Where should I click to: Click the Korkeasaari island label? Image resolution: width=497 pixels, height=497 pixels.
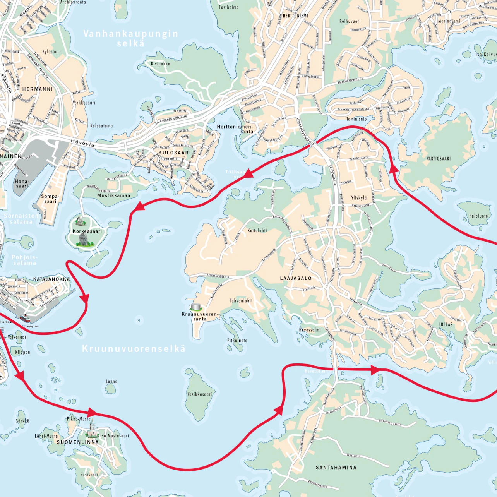click(x=87, y=231)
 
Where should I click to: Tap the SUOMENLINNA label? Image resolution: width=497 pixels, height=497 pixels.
click(x=78, y=442)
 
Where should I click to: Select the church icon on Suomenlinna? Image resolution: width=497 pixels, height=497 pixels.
click(x=92, y=429)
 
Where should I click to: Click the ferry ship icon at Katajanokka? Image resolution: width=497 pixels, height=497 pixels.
click(x=24, y=319)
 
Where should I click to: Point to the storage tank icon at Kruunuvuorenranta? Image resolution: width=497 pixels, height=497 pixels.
click(x=197, y=307)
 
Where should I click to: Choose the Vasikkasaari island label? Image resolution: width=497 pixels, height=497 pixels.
click(x=200, y=394)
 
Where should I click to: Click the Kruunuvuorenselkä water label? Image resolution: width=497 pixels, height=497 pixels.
click(x=134, y=349)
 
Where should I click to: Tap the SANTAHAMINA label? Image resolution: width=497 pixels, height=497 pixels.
click(x=336, y=468)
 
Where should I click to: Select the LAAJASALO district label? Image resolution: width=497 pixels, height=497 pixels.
click(x=296, y=278)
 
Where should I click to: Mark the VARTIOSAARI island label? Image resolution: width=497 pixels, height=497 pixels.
click(x=439, y=159)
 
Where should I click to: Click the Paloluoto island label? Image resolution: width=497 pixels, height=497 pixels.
click(x=478, y=216)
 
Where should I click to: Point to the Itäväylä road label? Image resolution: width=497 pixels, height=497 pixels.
click(x=82, y=143)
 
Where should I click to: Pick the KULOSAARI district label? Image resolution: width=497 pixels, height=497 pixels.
click(x=175, y=153)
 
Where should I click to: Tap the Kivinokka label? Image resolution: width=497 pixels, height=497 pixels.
click(x=160, y=63)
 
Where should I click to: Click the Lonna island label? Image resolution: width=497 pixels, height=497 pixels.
click(x=111, y=382)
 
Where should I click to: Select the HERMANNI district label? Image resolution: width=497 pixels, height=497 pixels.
click(x=38, y=89)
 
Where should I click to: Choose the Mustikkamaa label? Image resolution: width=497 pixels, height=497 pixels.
click(x=113, y=195)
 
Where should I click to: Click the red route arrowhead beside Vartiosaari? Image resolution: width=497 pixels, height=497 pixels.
click(x=394, y=168)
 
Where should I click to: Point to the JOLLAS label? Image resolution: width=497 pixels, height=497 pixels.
click(x=446, y=324)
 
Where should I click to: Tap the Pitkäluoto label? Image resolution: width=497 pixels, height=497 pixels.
click(x=237, y=341)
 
